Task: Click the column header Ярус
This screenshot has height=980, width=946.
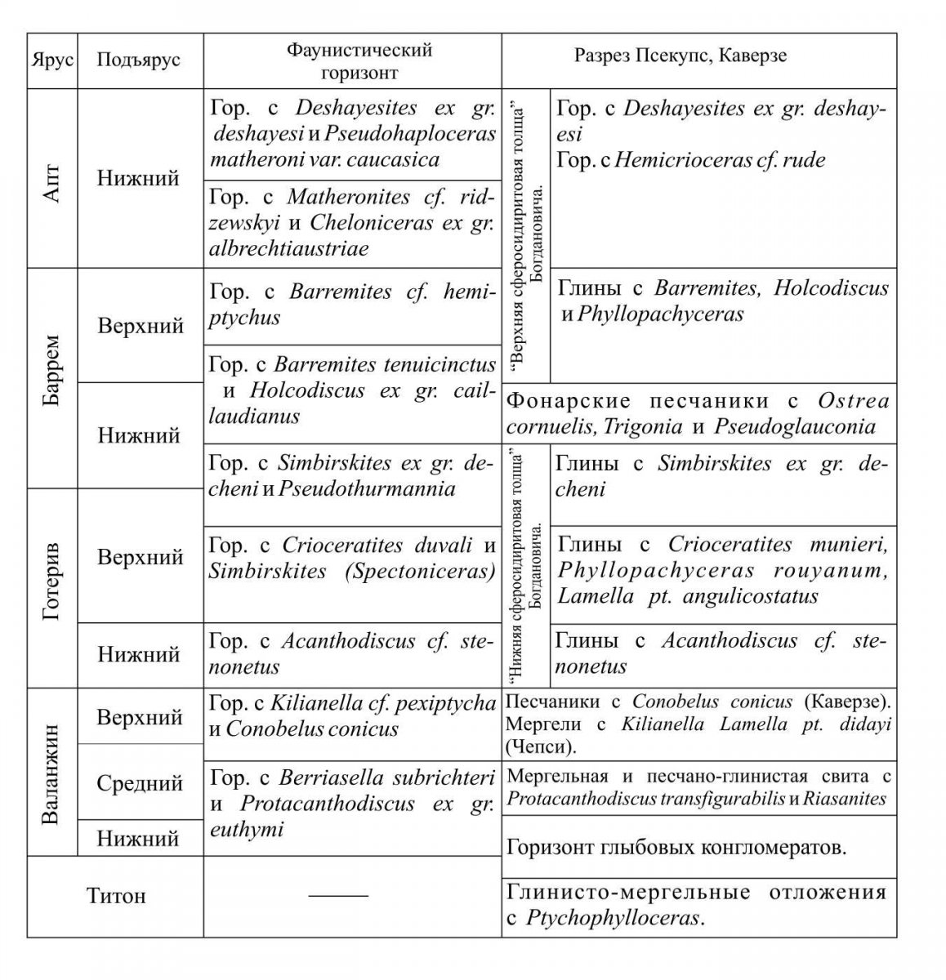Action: click(52, 60)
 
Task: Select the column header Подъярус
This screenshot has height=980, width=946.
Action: click(139, 60)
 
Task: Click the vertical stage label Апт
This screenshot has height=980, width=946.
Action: click(51, 180)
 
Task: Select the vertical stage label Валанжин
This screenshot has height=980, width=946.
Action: click(51, 773)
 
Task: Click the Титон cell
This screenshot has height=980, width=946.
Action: click(116, 896)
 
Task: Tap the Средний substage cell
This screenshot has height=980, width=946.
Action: click(140, 783)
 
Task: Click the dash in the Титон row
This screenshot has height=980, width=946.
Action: click(338, 896)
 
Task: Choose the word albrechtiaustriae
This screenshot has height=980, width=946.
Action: click(289, 248)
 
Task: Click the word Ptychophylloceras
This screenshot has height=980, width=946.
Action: click(613, 918)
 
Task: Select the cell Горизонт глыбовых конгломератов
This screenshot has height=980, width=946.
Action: click(676, 847)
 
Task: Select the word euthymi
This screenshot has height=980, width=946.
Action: click(247, 830)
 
